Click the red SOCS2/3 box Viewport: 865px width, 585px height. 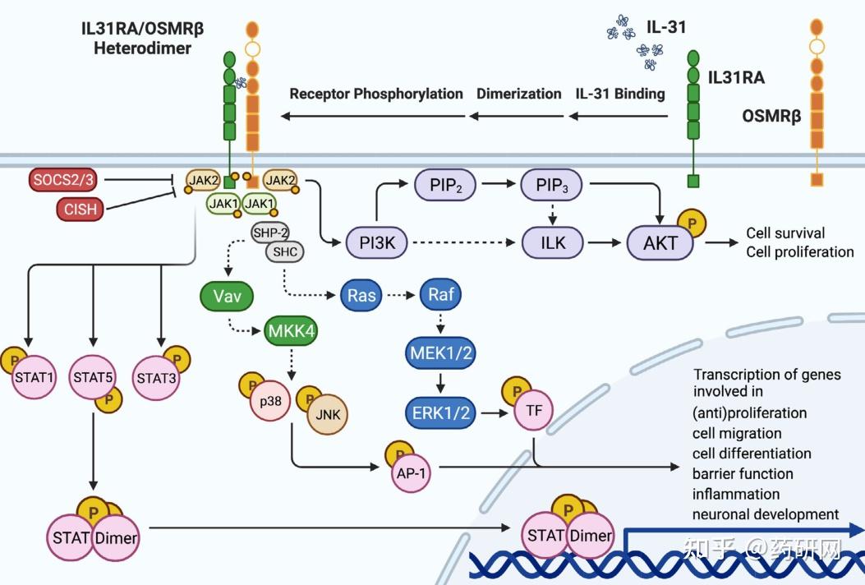pos(62,179)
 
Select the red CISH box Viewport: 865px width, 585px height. pos(80,210)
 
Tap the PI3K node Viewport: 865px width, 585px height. pos(376,242)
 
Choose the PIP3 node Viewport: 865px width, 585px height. pos(552,185)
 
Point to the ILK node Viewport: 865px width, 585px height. pos(552,242)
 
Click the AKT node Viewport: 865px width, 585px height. pos(660,242)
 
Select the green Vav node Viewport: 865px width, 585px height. pos(227,297)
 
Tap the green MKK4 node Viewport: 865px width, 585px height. pos(292,331)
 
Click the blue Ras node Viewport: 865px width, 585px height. pos(361,295)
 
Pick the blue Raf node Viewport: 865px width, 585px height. pos(441,295)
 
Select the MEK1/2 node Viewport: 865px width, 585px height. pos(441,353)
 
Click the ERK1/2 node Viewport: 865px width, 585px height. pos(441,412)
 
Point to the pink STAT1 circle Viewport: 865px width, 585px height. pos(35,377)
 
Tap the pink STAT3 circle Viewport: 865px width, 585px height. pos(157,378)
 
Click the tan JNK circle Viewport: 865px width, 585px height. pos(328,414)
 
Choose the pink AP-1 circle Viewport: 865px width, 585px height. pos(412,473)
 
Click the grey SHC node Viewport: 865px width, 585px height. pos(285,252)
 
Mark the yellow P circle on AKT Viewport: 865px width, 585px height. pos(691,223)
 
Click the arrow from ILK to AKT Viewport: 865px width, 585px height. pos(605,242)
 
